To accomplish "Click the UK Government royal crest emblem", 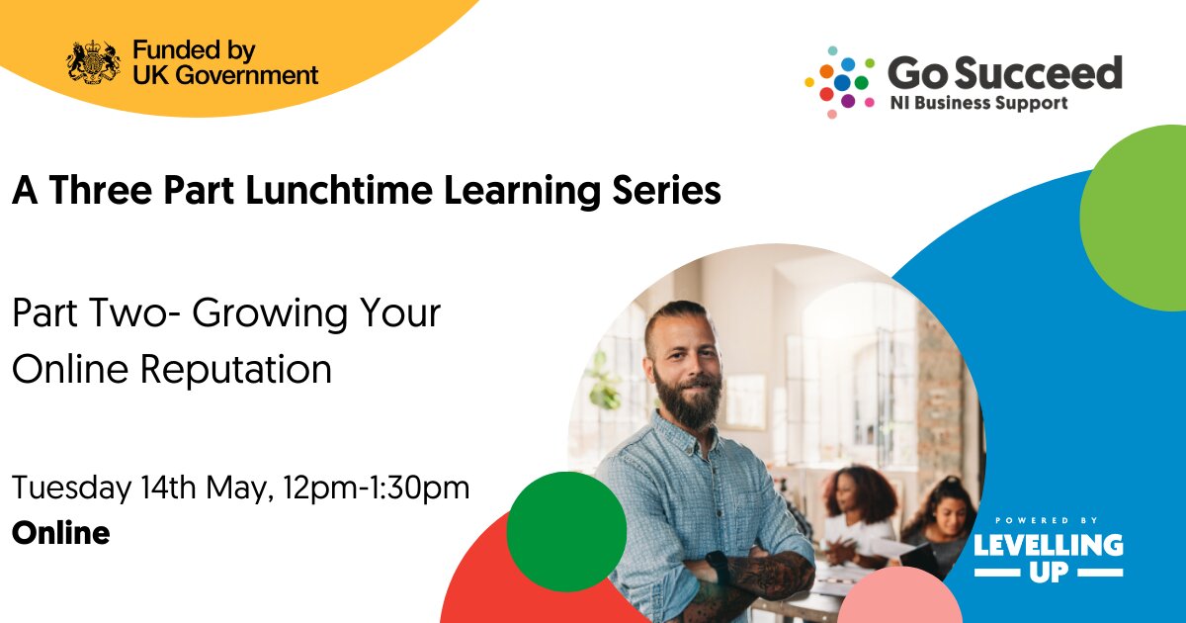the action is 94,62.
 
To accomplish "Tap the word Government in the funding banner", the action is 247,75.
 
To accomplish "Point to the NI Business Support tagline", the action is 979,103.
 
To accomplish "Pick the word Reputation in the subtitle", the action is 235,369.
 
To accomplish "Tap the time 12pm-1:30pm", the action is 377,489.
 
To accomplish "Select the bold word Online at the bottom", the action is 61,533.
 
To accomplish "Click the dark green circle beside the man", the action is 566,531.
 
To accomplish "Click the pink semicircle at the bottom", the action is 900,596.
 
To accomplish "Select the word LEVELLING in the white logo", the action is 1049,546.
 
